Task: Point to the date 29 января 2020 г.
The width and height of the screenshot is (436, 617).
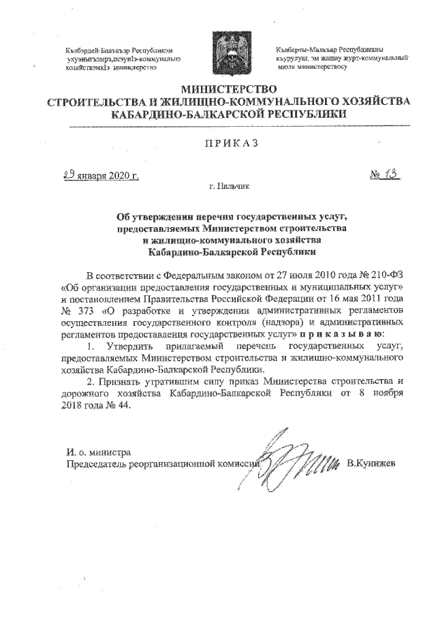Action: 97,175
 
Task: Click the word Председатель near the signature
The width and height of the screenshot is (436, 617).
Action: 97,464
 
